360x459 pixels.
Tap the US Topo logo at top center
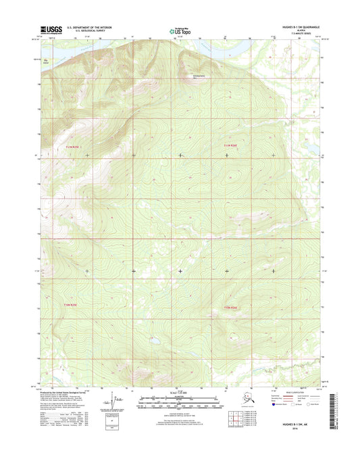179,30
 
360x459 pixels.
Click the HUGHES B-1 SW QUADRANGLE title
293,26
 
